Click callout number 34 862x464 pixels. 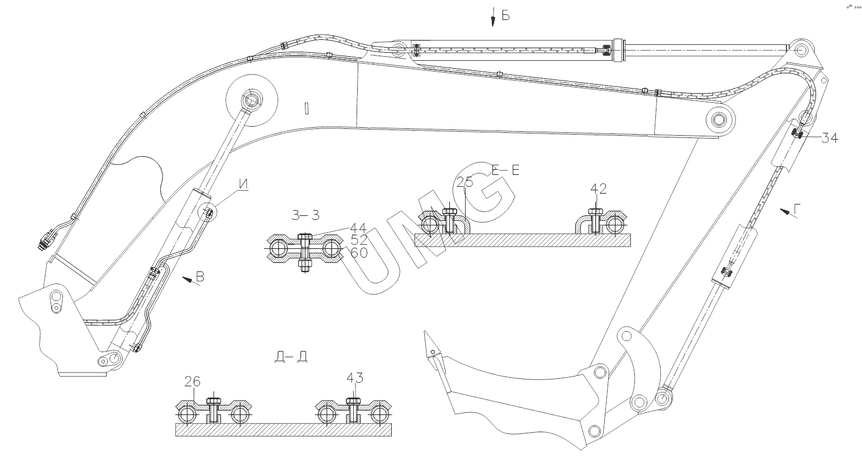(830, 138)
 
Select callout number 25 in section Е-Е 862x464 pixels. (465, 182)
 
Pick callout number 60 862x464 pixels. (359, 253)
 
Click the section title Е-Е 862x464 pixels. (505, 170)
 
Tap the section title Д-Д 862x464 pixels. (291, 357)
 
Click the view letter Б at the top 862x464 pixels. (505, 16)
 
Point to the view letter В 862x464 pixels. (199, 277)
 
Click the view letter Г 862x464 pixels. (797, 210)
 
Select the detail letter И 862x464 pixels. (244, 184)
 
